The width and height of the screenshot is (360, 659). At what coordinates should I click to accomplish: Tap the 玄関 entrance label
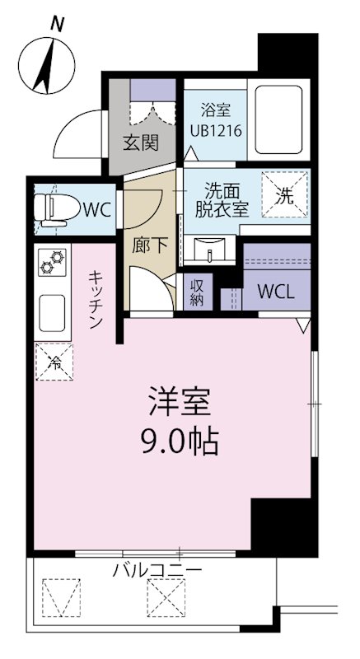pyautogui.click(x=141, y=142)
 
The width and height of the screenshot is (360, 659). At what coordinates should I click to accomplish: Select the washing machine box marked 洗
pyautogui.click(x=284, y=196)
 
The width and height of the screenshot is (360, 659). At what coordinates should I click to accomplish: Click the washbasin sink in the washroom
pyautogui.click(x=213, y=245)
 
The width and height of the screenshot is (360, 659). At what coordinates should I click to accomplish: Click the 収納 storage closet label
pyautogui.click(x=198, y=290)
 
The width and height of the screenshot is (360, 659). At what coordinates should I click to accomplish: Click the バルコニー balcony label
pyautogui.click(x=157, y=570)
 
